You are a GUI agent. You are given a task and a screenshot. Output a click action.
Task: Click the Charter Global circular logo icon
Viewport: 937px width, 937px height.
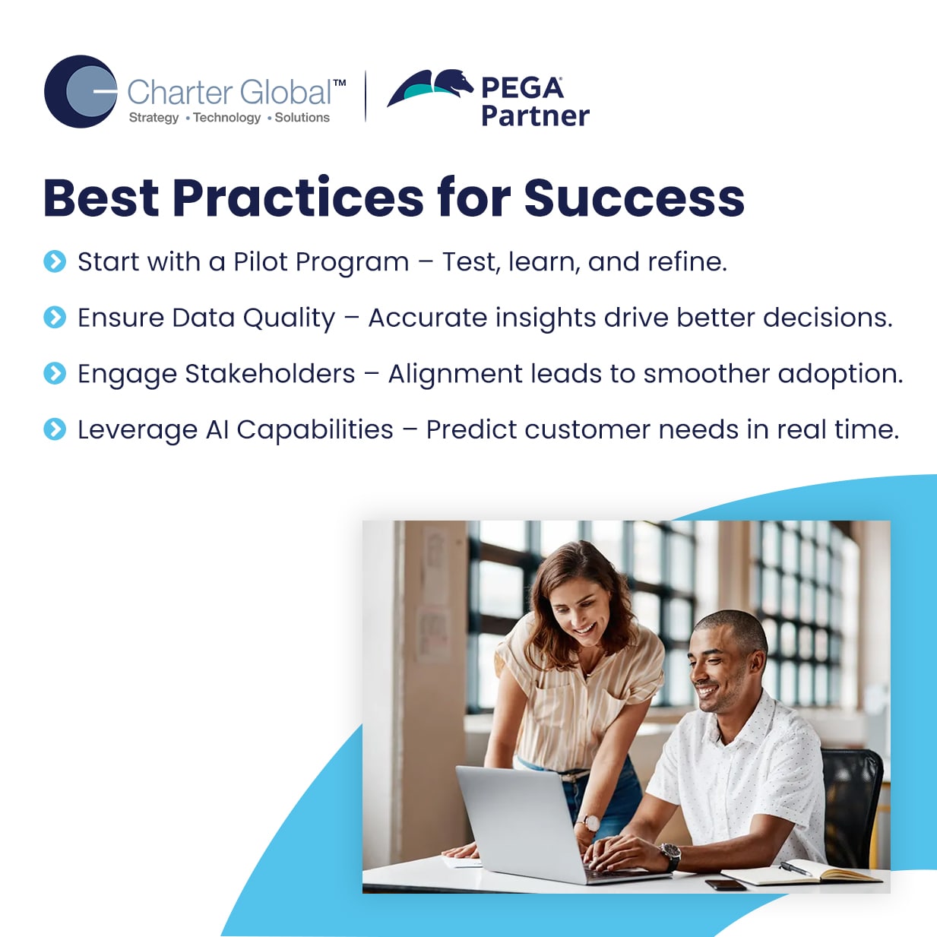(81, 91)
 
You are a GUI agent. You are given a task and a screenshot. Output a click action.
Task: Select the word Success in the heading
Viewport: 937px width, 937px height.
(634, 198)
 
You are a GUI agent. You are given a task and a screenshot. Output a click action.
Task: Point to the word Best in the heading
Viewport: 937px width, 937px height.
(101, 198)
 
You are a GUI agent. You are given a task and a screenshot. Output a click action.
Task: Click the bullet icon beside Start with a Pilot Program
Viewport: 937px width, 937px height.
(55, 261)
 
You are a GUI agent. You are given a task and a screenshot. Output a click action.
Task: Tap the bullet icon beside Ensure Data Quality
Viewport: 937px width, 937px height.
(55, 318)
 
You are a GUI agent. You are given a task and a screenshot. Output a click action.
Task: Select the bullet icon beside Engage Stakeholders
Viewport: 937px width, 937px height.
(55, 373)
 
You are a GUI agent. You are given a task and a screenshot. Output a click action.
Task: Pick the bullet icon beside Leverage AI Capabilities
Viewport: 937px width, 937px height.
(55, 429)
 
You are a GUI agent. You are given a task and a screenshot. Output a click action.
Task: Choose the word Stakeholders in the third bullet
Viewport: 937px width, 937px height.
(270, 373)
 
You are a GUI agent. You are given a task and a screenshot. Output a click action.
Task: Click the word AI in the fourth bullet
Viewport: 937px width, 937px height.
(217, 430)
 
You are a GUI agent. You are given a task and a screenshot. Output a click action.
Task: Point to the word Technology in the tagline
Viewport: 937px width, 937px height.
(227, 118)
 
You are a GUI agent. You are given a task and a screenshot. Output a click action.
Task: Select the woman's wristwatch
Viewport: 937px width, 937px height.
(590, 823)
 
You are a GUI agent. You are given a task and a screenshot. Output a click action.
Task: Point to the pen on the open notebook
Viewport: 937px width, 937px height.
(796, 869)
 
